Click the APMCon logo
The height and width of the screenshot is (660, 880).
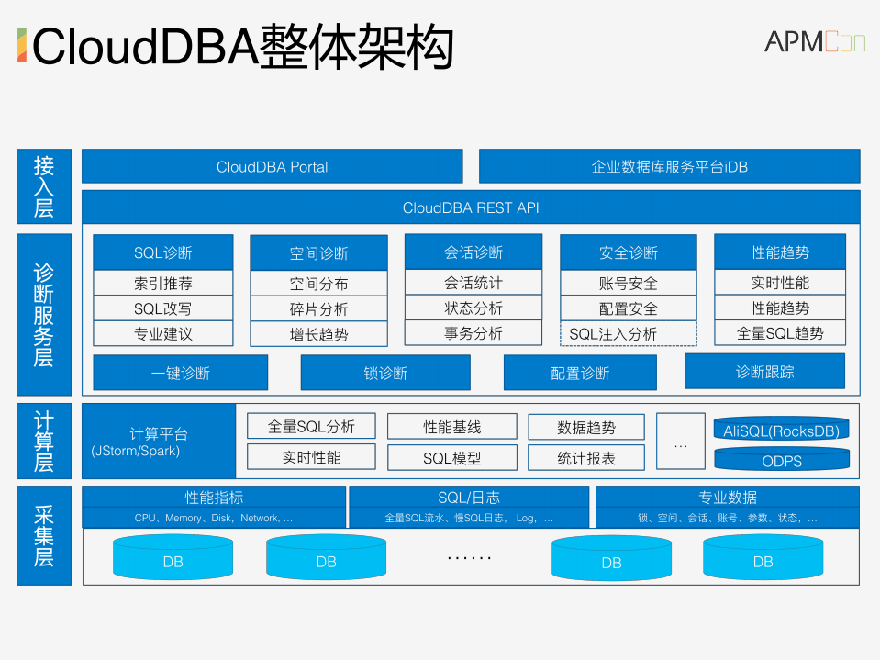(x=814, y=41)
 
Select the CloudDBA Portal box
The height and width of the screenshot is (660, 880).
(x=272, y=166)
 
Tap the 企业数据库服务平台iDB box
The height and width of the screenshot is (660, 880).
(x=669, y=166)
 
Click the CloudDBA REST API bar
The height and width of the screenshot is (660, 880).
(x=471, y=207)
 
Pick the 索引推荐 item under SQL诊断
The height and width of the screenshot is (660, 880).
(x=162, y=283)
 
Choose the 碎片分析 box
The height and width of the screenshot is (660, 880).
(x=318, y=309)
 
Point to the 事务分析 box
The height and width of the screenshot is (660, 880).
(x=473, y=333)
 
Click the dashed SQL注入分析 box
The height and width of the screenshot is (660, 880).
(x=628, y=334)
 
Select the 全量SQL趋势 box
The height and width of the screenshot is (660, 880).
(x=780, y=333)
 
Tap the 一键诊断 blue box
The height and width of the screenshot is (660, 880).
(x=180, y=373)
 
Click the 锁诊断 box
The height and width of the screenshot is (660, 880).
(x=384, y=373)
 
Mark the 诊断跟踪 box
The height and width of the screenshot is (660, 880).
(x=764, y=372)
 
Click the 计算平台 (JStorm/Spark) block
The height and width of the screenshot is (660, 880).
(x=159, y=442)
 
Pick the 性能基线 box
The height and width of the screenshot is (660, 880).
(x=451, y=427)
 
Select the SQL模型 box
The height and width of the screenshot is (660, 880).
(x=451, y=457)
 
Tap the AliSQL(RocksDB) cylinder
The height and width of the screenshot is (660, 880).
(x=781, y=430)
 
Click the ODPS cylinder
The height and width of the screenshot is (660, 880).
(x=781, y=459)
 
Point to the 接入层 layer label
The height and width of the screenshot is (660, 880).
(x=43, y=186)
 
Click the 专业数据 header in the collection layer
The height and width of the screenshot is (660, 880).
(x=727, y=498)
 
